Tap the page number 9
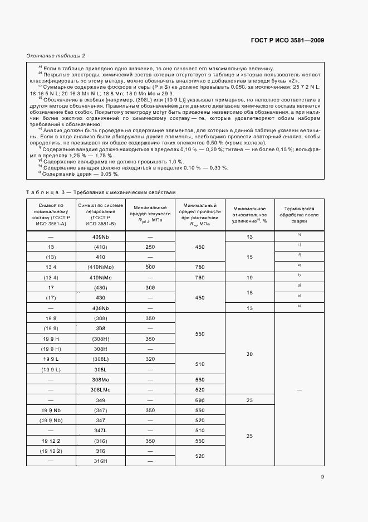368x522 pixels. [x=322, y=476]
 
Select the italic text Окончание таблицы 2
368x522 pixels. [x=56, y=56]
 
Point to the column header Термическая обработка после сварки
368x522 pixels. [x=300, y=214]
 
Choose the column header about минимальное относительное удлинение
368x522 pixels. [x=249, y=214]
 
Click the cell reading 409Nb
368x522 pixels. [x=100, y=236]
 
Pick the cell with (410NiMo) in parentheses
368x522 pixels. [x=100, y=267]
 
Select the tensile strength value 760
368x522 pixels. [x=199, y=277]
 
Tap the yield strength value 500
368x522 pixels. [x=150, y=267]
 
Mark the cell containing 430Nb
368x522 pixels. [x=100, y=308]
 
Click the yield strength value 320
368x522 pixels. [x=150, y=359]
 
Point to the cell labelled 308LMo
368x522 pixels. [x=100, y=390]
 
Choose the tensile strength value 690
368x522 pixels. [x=199, y=400]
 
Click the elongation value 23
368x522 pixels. [x=249, y=400]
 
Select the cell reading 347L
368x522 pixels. [x=100, y=431]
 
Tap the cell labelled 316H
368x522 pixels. [x=100, y=461]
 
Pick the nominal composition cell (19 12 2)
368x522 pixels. [x=51, y=451]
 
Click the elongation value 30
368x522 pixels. [x=249, y=354]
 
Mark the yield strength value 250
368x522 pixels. [x=150, y=246]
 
